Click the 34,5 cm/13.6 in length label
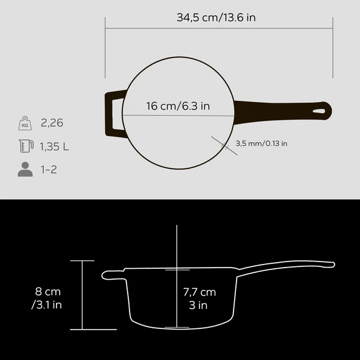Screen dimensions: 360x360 [216, 17]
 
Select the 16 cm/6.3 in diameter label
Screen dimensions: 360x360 [178, 106]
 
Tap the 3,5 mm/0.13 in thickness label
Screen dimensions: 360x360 [261, 144]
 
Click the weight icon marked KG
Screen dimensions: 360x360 [25, 123]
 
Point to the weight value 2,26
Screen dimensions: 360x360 [52, 123]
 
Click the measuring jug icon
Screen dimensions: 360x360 [25, 146]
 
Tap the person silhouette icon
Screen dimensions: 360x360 [25, 169]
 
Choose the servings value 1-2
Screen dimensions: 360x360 [49, 169]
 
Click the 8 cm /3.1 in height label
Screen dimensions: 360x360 [47, 298]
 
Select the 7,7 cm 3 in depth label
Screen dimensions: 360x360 [199, 299]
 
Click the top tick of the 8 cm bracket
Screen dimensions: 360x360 [83, 260]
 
